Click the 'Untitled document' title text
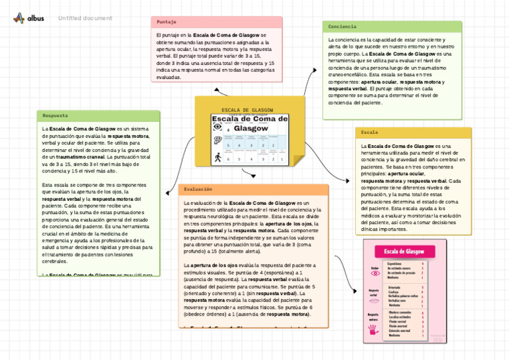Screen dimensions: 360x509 click(x=85, y=18)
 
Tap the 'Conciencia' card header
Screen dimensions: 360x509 click(x=343, y=27)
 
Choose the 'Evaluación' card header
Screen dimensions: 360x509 click(x=199, y=189)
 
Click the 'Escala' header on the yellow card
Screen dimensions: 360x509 click(x=370, y=133)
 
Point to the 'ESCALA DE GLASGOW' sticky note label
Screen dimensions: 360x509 click(x=247, y=110)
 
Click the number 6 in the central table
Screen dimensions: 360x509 click(x=229, y=159)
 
